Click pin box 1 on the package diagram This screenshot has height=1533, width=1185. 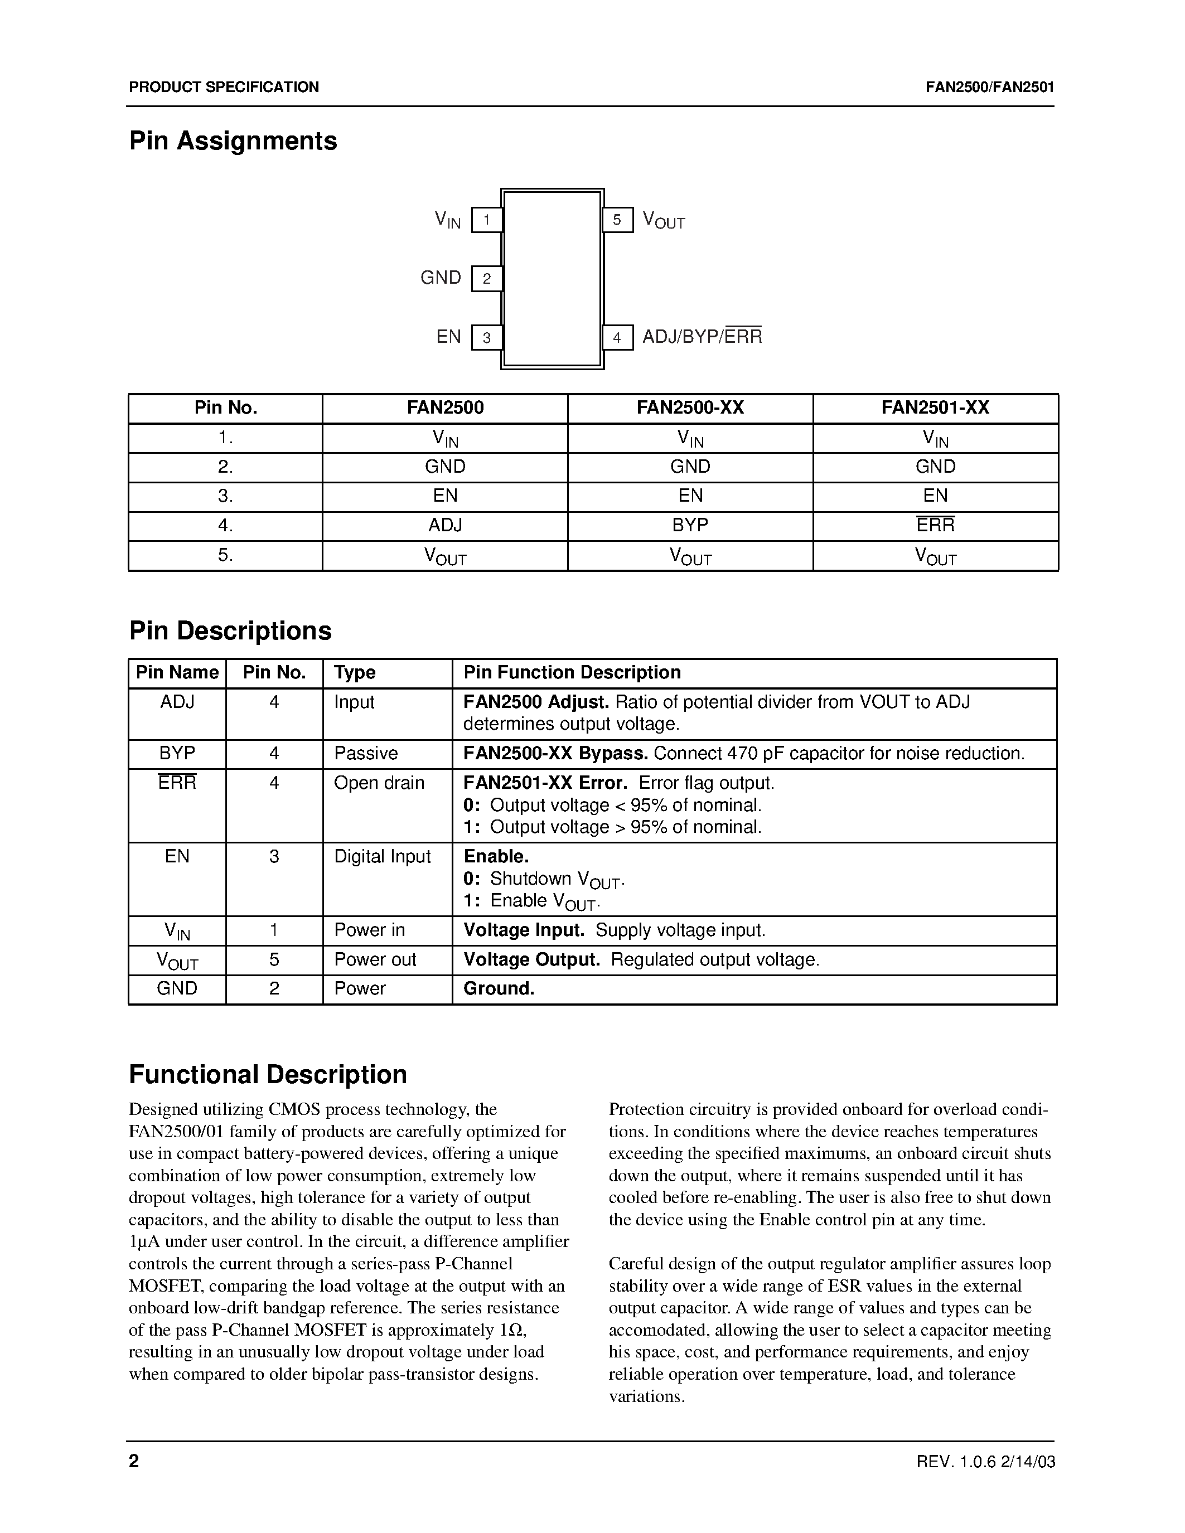coord(486,220)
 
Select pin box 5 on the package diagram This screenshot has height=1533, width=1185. coord(617,220)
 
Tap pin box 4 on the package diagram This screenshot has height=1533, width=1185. coord(617,338)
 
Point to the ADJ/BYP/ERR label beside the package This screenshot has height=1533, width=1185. coord(702,337)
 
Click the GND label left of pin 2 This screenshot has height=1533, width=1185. coord(440,278)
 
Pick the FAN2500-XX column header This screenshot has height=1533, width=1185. coord(690,408)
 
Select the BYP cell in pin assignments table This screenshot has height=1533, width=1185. coord(690,525)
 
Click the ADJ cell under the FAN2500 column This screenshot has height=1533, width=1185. coord(445,525)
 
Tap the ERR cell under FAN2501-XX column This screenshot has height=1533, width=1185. coord(935,525)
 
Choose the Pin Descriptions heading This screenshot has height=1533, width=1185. coord(230,630)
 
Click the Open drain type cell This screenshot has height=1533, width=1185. coord(379,783)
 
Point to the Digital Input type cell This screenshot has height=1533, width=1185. coord(382,856)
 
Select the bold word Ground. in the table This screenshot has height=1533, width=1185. coord(499,989)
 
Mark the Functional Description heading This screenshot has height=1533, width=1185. coord(268,1075)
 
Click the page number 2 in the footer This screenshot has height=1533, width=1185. coord(134,1461)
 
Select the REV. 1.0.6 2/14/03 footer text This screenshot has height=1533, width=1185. coord(985,1462)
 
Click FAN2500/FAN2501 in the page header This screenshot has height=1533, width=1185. coord(989,87)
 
